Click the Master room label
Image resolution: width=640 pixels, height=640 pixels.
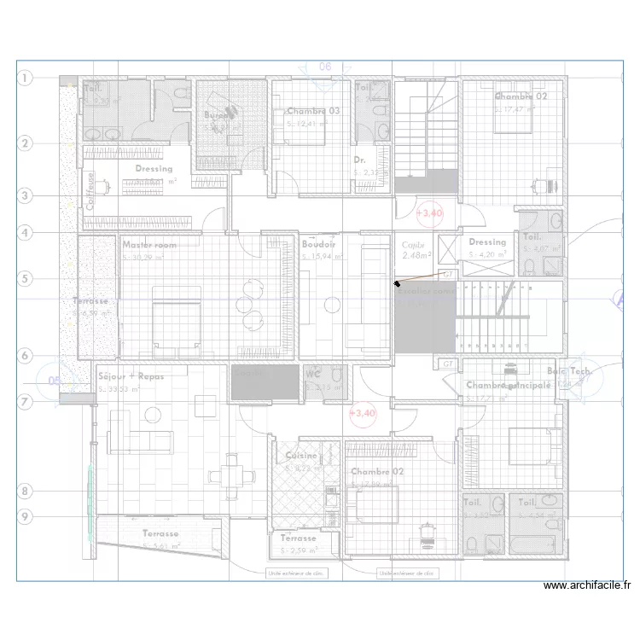point(149,245)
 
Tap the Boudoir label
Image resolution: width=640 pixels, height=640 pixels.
point(318,245)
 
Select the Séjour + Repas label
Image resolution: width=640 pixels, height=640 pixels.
point(131,376)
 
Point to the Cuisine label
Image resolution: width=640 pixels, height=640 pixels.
point(301,456)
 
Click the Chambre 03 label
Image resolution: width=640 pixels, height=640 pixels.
point(313,111)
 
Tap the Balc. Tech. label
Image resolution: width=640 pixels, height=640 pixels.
point(568,371)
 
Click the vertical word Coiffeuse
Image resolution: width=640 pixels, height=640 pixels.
point(90,191)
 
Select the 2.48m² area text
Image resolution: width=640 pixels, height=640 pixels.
point(416,254)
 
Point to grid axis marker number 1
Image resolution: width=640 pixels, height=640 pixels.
point(25,79)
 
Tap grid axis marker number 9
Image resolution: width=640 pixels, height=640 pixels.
point(25,516)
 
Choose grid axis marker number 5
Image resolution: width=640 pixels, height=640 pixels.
point(25,278)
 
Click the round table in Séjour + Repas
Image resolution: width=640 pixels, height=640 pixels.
point(153,416)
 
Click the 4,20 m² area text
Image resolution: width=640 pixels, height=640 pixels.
point(487,253)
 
